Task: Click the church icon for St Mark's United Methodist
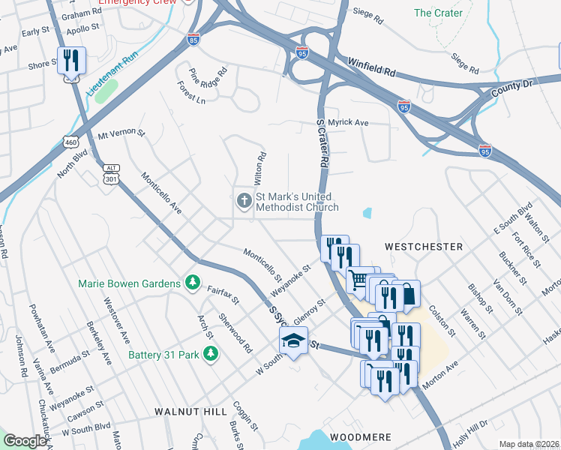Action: pyautogui.click(x=244, y=201)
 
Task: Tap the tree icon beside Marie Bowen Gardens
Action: pyautogui.click(x=193, y=283)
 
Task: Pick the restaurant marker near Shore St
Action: pyautogui.click(x=72, y=60)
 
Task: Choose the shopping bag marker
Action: pyautogui.click(x=407, y=294)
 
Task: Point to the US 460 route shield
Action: pyautogui.click(x=70, y=141)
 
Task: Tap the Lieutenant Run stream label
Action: pyautogui.click(x=112, y=73)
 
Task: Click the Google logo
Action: pyautogui.click(x=25, y=441)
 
